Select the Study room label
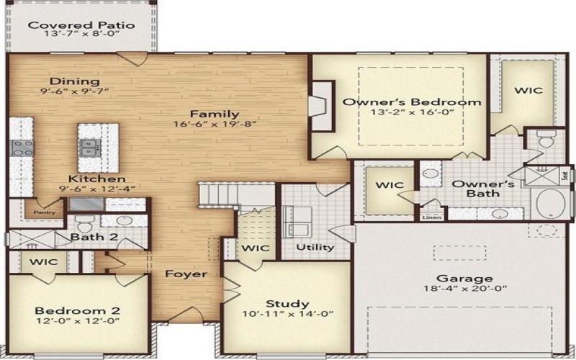[287, 303]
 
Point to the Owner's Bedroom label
[411, 102]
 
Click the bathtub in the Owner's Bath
[552, 204]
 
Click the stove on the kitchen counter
[19, 148]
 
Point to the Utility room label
[316, 247]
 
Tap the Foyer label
[186, 274]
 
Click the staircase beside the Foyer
[217, 194]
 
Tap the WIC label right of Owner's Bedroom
[528, 91]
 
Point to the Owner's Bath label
[482, 189]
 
